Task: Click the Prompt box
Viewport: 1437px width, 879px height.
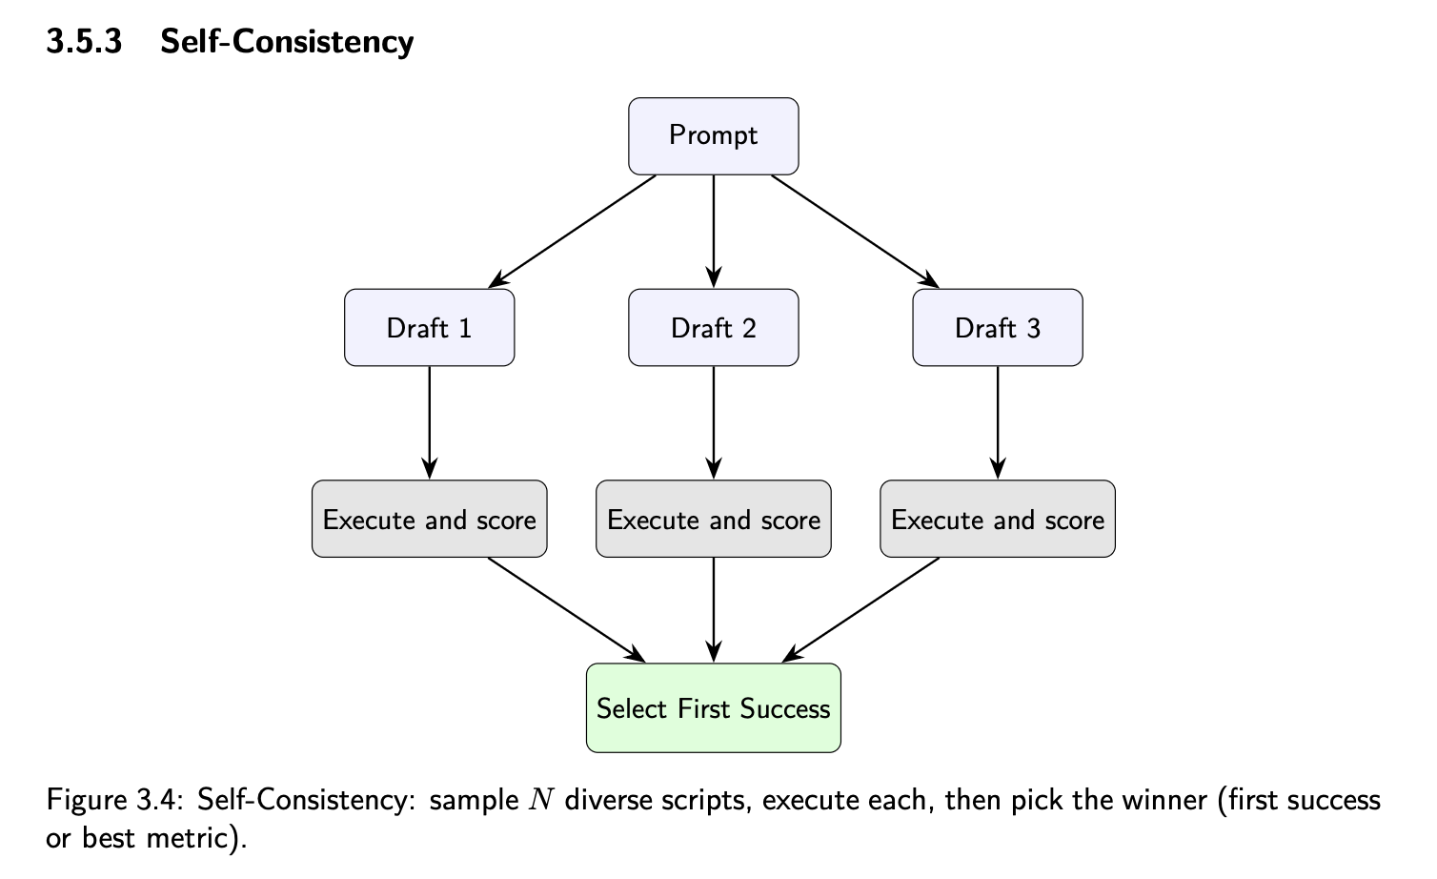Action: tap(713, 135)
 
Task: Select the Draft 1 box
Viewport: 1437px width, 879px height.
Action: tap(429, 328)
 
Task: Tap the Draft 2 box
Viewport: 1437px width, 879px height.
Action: tap(713, 328)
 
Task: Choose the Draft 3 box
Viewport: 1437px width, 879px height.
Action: tap(997, 328)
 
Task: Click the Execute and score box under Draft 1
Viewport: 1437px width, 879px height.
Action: tap(429, 520)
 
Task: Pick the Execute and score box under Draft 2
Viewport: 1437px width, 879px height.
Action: tap(713, 520)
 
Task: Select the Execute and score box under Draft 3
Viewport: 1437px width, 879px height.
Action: tap(997, 520)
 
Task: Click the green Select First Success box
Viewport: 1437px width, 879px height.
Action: tap(713, 708)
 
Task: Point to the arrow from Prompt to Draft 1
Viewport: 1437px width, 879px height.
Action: tap(572, 232)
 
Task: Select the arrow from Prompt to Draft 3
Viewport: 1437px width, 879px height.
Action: tap(855, 232)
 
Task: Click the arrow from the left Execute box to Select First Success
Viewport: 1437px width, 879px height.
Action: tap(567, 609)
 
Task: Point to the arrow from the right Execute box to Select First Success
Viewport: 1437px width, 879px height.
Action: tap(860, 609)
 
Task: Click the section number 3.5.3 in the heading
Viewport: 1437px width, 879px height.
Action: tap(85, 42)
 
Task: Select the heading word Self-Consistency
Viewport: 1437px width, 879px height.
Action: tap(287, 42)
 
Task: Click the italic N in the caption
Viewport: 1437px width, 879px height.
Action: tap(540, 801)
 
